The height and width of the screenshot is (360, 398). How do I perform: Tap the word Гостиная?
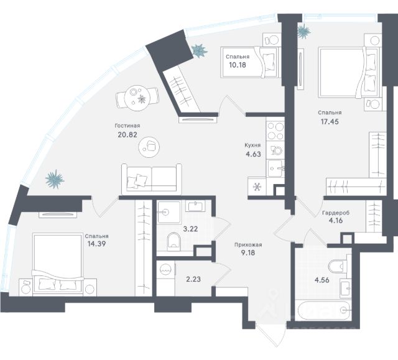tap(127, 125)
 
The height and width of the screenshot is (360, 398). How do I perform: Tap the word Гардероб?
tap(335, 213)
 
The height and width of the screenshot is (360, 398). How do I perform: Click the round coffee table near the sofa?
tap(150, 145)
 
